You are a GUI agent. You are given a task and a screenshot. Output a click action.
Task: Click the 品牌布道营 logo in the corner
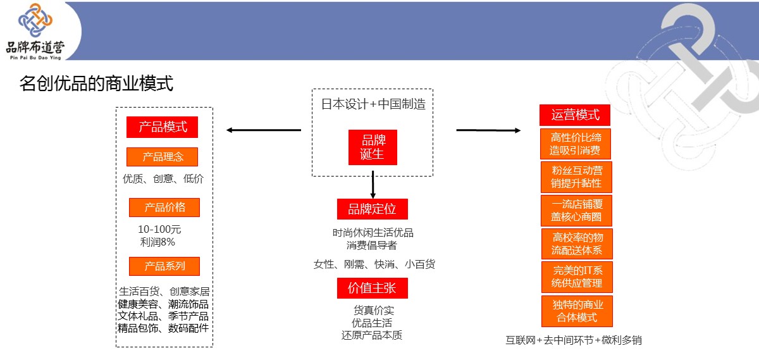pyautogui.click(x=35, y=31)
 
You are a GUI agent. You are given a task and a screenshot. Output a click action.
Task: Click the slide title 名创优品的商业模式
pyautogui.click(x=96, y=84)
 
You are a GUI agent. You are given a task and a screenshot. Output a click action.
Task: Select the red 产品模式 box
pyautogui.click(x=163, y=127)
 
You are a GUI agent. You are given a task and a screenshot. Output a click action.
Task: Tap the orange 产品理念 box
pyautogui.click(x=163, y=157)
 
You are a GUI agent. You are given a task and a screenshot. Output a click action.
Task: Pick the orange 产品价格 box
pyautogui.click(x=164, y=208)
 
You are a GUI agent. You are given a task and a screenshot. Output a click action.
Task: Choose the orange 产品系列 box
pyautogui.click(x=164, y=266)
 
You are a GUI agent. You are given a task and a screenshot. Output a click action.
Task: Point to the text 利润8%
pyautogui.click(x=157, y=242)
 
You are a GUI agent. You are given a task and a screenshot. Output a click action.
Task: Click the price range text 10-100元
pyautogui.click(x=159, y=229)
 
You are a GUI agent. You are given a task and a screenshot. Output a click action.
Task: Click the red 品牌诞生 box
pyautogui.click(x=373, y=147)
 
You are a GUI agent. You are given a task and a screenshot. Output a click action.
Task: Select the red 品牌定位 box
pyautogui.click(x=372, y=209)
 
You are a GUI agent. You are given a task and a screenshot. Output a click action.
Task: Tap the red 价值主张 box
pyautogui.click(x=372, y=288)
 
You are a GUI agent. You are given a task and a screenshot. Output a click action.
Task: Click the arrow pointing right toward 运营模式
pyautogui.click(x=488, y=130)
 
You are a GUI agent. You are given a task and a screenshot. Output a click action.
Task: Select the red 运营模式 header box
pyautogui.click(x=575, y=115)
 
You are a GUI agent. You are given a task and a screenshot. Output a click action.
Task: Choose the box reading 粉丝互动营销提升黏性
pyautogui.click(x=577, y=177)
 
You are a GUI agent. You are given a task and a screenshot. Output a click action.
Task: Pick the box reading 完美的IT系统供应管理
pyautogui.click(x=577, y=277)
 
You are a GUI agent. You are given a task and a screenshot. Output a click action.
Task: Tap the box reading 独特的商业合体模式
pyautogui.click(x=577, y=311)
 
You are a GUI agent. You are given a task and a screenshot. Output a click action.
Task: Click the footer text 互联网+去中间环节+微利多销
pyautogui.click(x=574, y=340)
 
